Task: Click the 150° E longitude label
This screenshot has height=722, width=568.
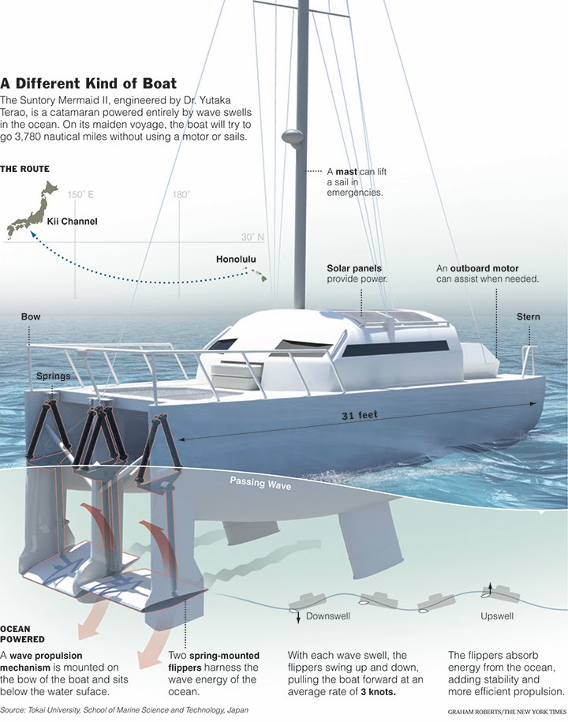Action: (80, 194)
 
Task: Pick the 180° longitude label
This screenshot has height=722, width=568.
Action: (181, 194)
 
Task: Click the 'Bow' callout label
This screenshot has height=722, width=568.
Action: (31, 317)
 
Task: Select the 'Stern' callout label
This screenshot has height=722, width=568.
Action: (529, 317)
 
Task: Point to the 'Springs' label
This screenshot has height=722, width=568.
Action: (53, 376)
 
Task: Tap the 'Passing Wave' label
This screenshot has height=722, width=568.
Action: (260, 483)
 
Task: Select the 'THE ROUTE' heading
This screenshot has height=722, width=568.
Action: (24, 169)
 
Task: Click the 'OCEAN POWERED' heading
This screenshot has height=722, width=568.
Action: (22, 634)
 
